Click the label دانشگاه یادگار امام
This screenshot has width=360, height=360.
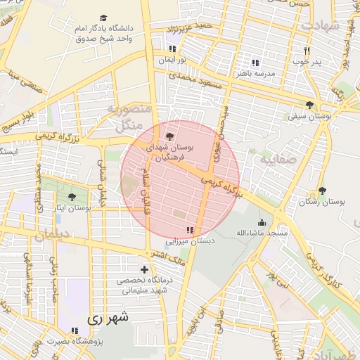(x=105, y=29)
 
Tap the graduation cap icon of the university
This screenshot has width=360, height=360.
(x=104, y=18)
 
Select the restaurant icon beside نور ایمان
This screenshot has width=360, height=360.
(x=172, y=49)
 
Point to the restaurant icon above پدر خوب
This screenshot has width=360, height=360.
(x=307, y=51)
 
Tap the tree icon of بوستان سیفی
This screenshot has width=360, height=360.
(x=309, y=105)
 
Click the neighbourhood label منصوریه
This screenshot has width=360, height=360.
(x=129, y=110)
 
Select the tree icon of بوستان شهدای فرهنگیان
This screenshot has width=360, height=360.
(x=168, y=136)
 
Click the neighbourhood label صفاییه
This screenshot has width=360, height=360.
(x=275, y=160)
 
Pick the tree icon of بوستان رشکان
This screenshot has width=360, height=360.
(x=322, y=191)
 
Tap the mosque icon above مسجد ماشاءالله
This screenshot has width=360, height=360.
(x=262, y=222)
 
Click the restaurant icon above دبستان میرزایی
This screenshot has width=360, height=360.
(x=189, y=230)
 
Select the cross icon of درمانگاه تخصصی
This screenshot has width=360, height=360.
(x=144, y=269)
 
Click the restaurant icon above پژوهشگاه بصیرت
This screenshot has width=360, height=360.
(x=75, y=330)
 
